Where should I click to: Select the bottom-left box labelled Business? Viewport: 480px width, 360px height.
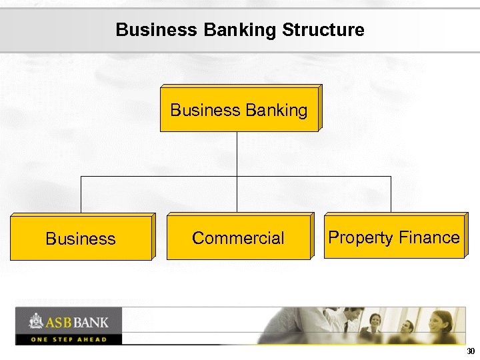pyautogui.click(x=81, y=238)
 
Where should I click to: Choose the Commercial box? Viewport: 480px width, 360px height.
pyautogui.click(x=238, y=238)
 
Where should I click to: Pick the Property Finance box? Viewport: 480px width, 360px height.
pyautogui.click(x=393, y=237)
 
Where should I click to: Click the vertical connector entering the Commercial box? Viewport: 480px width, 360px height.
pyautogui.click(x=237, y=197)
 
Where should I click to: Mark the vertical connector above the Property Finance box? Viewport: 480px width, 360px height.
pyautogui.click(x=391, y=195)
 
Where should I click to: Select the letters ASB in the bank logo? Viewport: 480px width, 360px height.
pyautogui.click(x=58, y=323)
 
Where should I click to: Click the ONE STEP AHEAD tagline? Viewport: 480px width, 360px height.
pyautogui.click(x=68, y=339)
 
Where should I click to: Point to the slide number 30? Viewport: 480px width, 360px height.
pyautogui.click(x=471, y=351)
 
